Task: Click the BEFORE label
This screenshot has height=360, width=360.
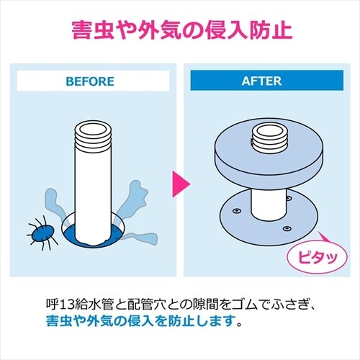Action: pyautogui.click(x=90, y=81)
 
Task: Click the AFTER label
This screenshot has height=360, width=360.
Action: pyautogui.click(x=264, y=81)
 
